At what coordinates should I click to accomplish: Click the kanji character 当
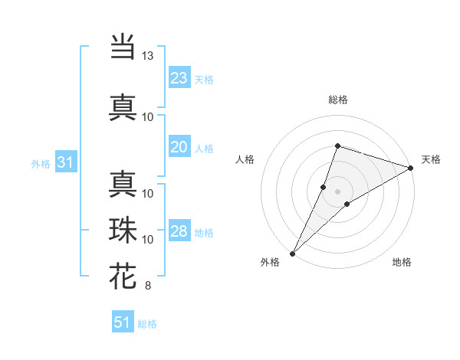tap(123, 47)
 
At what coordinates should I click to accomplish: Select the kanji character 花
tap(123, 277)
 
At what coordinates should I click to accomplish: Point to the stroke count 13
tap(147, 56)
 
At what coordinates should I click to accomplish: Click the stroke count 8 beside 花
tap(147, 286)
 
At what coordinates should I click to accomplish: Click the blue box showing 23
tap(179, 78)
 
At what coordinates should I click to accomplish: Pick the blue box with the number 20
tap(179, 147)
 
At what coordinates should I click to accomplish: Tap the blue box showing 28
tap(179, 231)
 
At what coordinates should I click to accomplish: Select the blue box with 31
tap(65, 162)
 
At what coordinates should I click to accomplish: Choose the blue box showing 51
tap(123, 322)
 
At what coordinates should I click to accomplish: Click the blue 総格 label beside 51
tap(147, 324)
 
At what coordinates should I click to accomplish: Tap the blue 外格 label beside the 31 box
tap(41, 163)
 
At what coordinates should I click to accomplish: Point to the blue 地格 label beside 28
tap(204, 233)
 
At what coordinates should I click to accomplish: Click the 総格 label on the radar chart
tap(337, 100)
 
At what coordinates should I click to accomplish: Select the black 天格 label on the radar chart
tap(432, 159)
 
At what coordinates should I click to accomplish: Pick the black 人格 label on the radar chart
tap(245, 159)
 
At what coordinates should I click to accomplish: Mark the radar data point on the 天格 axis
tap(411, 168)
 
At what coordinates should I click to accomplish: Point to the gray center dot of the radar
tap(337, 191)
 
